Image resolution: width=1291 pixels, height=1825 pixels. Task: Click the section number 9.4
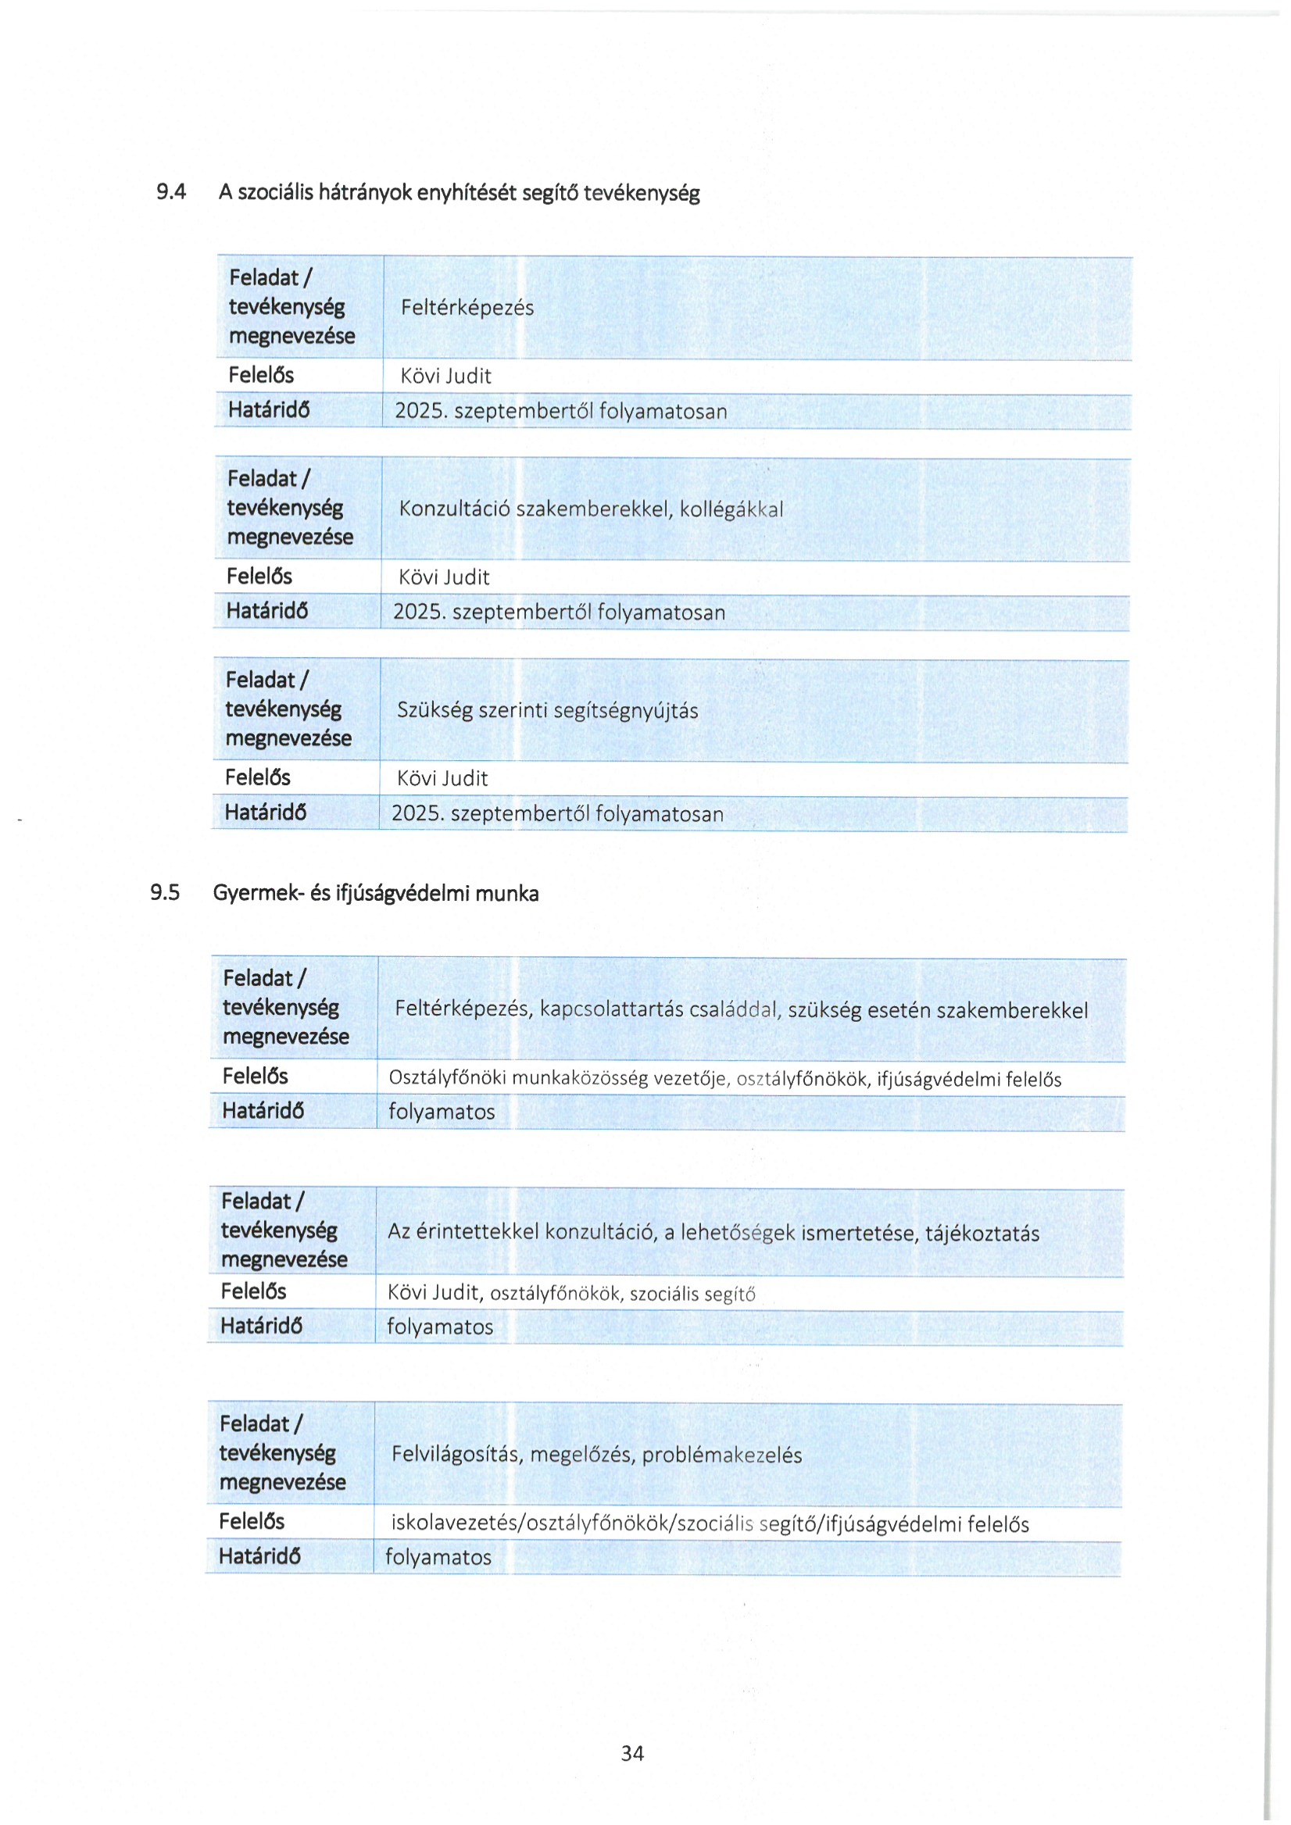click(171, 191)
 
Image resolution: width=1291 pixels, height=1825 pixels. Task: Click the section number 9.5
click(165, 892)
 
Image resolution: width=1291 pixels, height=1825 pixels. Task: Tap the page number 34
click(632, 1752)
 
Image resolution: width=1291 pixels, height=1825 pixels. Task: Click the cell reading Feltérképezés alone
click(467, 308)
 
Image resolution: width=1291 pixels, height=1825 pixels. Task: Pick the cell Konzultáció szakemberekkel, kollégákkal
click(591, 509)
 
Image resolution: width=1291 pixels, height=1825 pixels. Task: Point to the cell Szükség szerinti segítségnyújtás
click(548, 710)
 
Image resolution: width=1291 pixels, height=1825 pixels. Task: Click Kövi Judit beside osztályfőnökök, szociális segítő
click(434, 1292)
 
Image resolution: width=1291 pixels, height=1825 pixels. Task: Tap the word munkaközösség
click(580, 1078)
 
